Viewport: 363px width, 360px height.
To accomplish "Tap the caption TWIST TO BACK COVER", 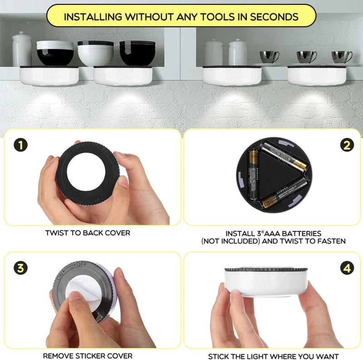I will pyautogui.click(x=88, y=233).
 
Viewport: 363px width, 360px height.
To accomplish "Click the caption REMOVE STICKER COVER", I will pyautogui.click(x=88, y=355).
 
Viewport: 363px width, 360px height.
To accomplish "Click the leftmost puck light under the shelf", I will pyautogui.click(x=49, y=75).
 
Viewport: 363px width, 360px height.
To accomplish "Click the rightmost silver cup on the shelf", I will pyautogui.click(x=342, y=57).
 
